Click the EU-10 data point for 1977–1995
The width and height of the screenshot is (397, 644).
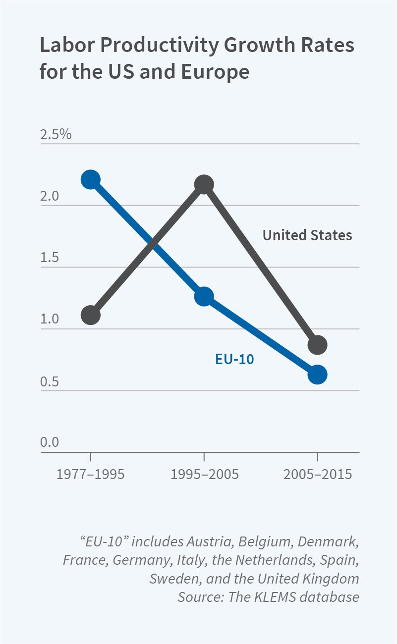click(x=91, y=179)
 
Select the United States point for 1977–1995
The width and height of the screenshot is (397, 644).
click(x=91, y=315)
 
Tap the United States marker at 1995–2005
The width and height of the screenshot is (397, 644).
click(x=204, y=185)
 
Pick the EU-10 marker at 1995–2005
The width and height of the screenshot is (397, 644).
click(x=204, y=297)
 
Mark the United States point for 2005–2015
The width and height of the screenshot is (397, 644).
click(x=318, y=345)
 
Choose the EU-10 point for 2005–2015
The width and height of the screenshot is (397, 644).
click(x=318, y=375)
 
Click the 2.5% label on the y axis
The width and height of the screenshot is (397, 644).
click(x=56, y=134)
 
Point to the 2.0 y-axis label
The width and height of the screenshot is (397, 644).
click(x=50, y=196)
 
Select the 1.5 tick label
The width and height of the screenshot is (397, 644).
click(x=50, y=258)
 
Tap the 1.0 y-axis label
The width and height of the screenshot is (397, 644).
click(x=50, y=320)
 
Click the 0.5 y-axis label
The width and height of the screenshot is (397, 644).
click(x=50, y=381)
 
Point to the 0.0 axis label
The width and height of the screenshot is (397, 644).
click(x=50, y=442)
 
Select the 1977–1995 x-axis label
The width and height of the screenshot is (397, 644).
click(x=91, y=474)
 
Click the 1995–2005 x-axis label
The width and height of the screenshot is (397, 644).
click(x=204, y=474)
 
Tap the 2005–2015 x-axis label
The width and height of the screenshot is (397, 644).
click(x=318, y=474)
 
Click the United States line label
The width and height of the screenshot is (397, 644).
click(x=307, y=235)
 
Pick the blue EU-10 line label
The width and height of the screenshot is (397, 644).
click(x=234, y=359)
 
